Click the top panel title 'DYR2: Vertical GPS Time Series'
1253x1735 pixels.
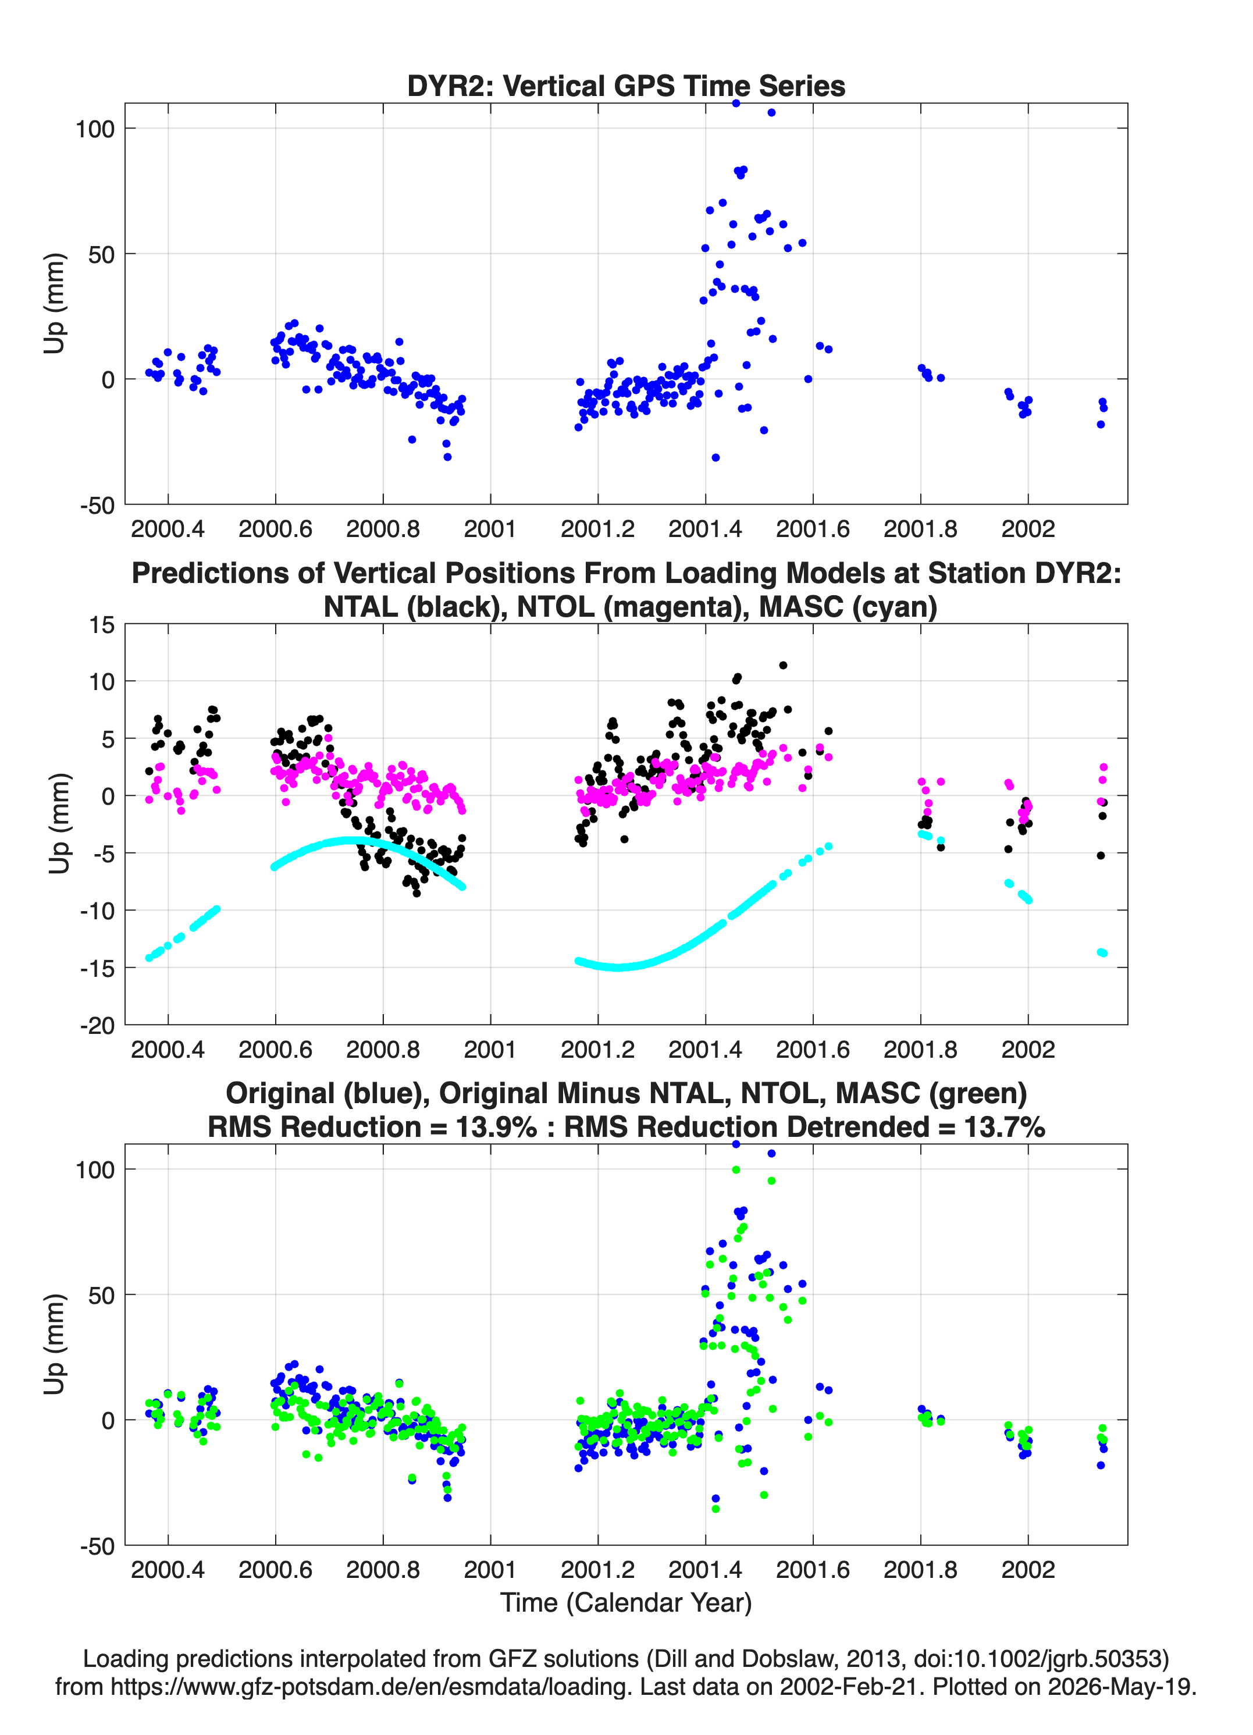click(626, 86)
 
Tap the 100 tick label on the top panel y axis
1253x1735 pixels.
click(94, 129)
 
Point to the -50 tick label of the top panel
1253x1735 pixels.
click(97, 506)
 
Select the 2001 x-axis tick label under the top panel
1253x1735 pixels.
click(490, 529)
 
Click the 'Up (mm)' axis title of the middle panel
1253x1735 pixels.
click(59, 823)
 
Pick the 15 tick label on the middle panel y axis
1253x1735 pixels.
click(102, 625)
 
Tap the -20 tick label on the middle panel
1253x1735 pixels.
click(97, 1025)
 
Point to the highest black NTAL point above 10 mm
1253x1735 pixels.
click(782, 666)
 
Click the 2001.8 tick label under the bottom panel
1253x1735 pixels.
click(920, 1570)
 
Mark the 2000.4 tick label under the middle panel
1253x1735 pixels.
click(168, 1050)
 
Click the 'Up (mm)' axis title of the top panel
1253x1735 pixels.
click(54, 303)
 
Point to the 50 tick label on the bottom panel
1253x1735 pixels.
click(102, 1295)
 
